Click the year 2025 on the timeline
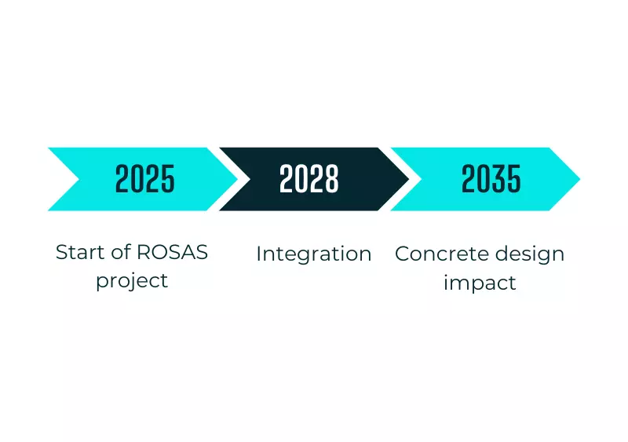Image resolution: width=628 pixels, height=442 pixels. point(145,179)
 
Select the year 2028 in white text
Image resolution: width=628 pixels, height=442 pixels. point(309,179)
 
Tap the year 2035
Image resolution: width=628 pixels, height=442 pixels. point(491,179)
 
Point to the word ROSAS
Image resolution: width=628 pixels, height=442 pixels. point(172,253)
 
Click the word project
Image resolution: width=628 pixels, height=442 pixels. point(132,281)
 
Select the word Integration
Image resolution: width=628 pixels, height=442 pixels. point(313,254)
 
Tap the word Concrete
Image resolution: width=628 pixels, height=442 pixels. point(442,254)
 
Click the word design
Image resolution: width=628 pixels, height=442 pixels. point(530,254)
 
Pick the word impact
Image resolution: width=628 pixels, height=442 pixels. point(480,283)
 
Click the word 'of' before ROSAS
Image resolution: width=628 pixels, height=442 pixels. point(121,253)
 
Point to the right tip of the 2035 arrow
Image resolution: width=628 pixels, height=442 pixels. point(580,179)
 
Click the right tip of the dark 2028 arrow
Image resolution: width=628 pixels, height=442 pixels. point(409,179)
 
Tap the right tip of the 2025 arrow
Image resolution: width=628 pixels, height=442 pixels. point(238,179)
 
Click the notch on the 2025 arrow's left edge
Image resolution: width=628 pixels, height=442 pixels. point(79,179)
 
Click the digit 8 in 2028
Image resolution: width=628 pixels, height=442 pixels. point(332,179)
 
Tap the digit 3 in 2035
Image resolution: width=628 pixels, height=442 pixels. point(498,179)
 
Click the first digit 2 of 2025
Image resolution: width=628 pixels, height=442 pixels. point(122,179)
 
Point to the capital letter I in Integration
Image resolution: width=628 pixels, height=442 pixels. point(259,254)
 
